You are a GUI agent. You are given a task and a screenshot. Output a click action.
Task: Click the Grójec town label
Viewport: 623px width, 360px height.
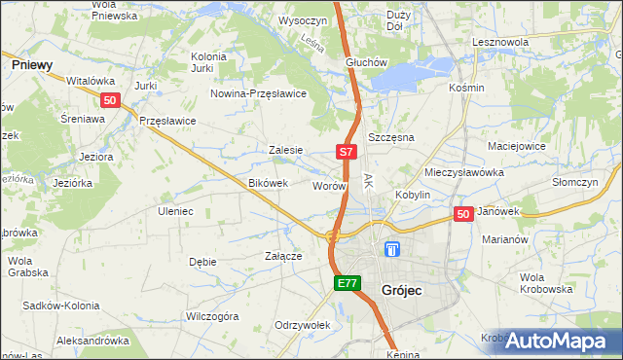402,290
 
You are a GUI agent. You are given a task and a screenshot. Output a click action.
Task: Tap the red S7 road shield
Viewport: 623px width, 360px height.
348,152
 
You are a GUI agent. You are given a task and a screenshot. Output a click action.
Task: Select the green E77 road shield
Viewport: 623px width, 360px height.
348,283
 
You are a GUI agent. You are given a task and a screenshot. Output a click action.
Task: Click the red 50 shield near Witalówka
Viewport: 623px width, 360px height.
110,100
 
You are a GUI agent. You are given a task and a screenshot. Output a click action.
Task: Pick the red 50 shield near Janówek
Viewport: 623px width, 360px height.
463,214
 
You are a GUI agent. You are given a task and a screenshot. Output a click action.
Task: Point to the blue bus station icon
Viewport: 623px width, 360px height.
391,249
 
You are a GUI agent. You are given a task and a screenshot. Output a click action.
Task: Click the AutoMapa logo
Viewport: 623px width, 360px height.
559,341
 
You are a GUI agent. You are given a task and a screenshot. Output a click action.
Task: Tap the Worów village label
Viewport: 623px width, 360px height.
329,185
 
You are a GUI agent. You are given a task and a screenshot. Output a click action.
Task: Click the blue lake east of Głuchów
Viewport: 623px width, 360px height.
414,74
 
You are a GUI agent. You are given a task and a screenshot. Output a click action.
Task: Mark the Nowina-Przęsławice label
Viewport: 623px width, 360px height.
259,93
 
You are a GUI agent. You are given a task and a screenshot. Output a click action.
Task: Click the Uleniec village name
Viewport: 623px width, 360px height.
175,211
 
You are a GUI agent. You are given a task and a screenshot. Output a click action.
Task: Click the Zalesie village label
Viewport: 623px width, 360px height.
286,151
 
